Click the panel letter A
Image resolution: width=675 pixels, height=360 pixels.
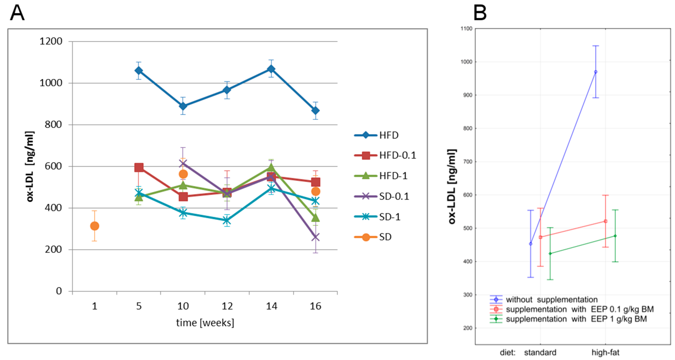pos(17,13)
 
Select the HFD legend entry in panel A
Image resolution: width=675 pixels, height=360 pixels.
pos(376,135)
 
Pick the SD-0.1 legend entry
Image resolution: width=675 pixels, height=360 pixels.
pos(381,196)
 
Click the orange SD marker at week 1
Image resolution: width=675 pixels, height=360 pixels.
pos(95,226)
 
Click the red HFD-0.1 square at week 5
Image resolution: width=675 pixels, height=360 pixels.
pos(139,167)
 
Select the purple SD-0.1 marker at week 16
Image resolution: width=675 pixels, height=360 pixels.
pos(315,237)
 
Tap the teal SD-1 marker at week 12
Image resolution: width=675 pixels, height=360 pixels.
pos(227,220)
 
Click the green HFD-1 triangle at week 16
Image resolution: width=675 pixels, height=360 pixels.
pos(315,217)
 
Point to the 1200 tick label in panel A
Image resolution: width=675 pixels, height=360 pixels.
pos(51,41)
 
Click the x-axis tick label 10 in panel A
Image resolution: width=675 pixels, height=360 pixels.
pos(183,306)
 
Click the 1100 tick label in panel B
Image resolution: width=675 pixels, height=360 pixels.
pos(466,29)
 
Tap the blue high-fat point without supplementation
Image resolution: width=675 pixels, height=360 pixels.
pos(596,72)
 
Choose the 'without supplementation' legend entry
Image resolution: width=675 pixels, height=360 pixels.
pos(544,300)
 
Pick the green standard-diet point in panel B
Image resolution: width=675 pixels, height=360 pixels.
pos(550,254)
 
